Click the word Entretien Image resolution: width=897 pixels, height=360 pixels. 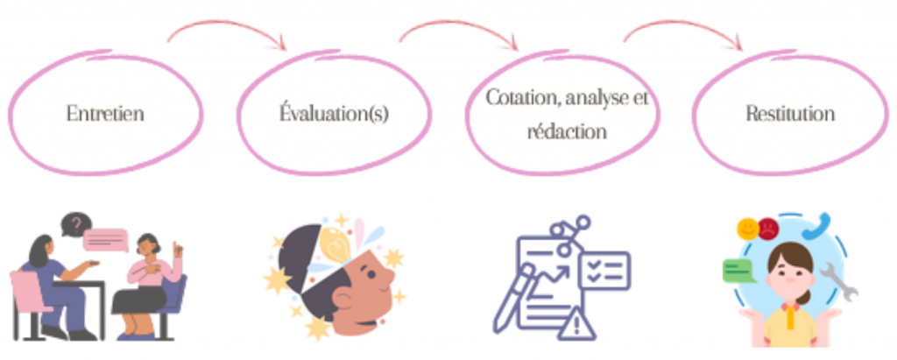click(x=105, y=113)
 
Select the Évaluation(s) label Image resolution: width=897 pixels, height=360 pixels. click(x=334, y=113)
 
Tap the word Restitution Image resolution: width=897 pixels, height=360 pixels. click(x=790, y=113)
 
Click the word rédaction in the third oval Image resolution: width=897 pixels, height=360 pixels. click(x=567, y=131)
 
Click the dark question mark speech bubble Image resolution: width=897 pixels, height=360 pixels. click(x=77, y=223)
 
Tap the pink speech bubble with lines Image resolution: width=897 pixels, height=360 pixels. click(x=105, y=240)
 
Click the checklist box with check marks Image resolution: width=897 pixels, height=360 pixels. click(x=604, y=270)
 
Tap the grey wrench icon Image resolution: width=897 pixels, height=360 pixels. click(x=839, y=281)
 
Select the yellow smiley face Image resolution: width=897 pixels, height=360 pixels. click(x=748, y=229)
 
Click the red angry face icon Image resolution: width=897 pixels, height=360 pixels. click(x=768, y=229)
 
